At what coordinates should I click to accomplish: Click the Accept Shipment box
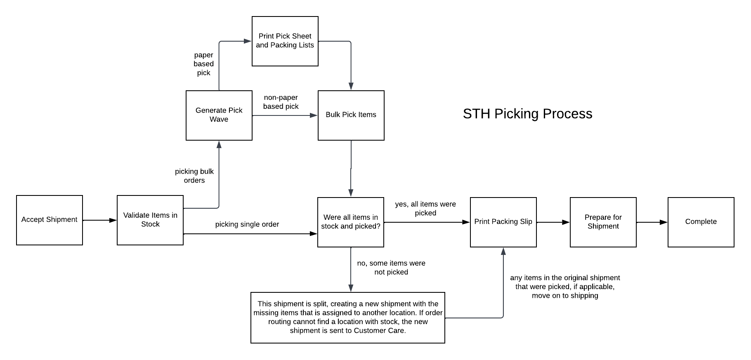tap(50, 220)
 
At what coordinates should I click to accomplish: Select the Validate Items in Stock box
tap(150, 220)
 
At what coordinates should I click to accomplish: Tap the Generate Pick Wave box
tap(219, 115)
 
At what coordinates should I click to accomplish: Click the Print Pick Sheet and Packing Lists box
tap(285, 41)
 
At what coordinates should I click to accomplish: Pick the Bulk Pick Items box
tap(351, 115)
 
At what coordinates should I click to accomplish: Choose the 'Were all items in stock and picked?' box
tap(350, 222)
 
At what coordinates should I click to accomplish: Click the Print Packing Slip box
tap(503, 222)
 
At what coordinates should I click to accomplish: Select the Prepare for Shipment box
tap(603, 222)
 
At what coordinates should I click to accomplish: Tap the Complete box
tap(701, 222)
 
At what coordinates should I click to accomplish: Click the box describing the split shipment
tap(347, 317)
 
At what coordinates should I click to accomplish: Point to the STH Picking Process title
tap(527, 114)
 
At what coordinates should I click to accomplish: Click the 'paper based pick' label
tap(203, 64)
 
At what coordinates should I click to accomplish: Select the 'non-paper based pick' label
tap(281, 102)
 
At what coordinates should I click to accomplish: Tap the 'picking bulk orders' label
tap(194, 176)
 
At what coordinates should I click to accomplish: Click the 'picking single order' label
tap(247, 224)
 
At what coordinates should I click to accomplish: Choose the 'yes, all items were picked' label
tap(425, 209)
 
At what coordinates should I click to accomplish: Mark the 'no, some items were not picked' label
tap(391, 268)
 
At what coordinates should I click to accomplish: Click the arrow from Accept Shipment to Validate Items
tap(100, 220)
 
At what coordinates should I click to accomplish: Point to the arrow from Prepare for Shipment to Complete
tap(652, 222)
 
